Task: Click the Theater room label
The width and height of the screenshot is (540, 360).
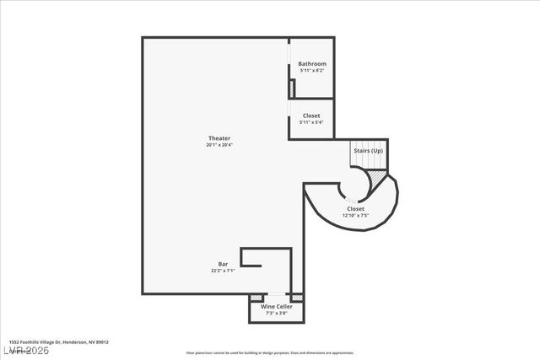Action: pyautogui.click(x=219, y=138)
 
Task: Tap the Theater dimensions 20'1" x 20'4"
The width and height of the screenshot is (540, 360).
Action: pyautogui.click(x=219, y=145)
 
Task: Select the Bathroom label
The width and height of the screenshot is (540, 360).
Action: pyautogui.click(x=312, y=64)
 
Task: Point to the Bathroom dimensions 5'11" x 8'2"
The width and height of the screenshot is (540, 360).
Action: pyautogui.click(x=312, y=71)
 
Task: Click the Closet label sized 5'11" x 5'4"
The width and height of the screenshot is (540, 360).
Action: pyautogui.click(x=312, y=116)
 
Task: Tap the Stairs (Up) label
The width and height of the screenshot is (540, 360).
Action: pyautogui.click(x=367, y=151)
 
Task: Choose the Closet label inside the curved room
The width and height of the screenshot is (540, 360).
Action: pyautogui.click(x=355, y=208)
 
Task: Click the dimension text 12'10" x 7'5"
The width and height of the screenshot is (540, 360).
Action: pyautogui.click(x=355, y=215)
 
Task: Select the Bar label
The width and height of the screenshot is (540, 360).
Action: pyautogui.click(x=223, y=265)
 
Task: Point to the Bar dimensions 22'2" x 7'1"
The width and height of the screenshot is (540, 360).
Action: pyautogui.click(x=223, y=271)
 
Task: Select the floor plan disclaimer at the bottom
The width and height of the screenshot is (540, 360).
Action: pyautogui.click(x=270, y=353)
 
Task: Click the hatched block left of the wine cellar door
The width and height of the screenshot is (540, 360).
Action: pyautogui.click(x=256, y=298)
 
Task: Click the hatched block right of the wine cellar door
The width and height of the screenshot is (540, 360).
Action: pyautogui.click(x=295, y=298)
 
